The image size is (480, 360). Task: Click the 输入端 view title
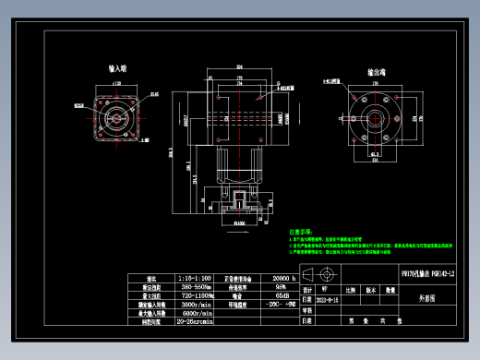[116, 69]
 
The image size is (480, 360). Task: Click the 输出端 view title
[377, 71]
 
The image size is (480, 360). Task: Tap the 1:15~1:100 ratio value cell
[192, 278]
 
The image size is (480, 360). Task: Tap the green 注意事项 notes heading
[303, 232]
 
